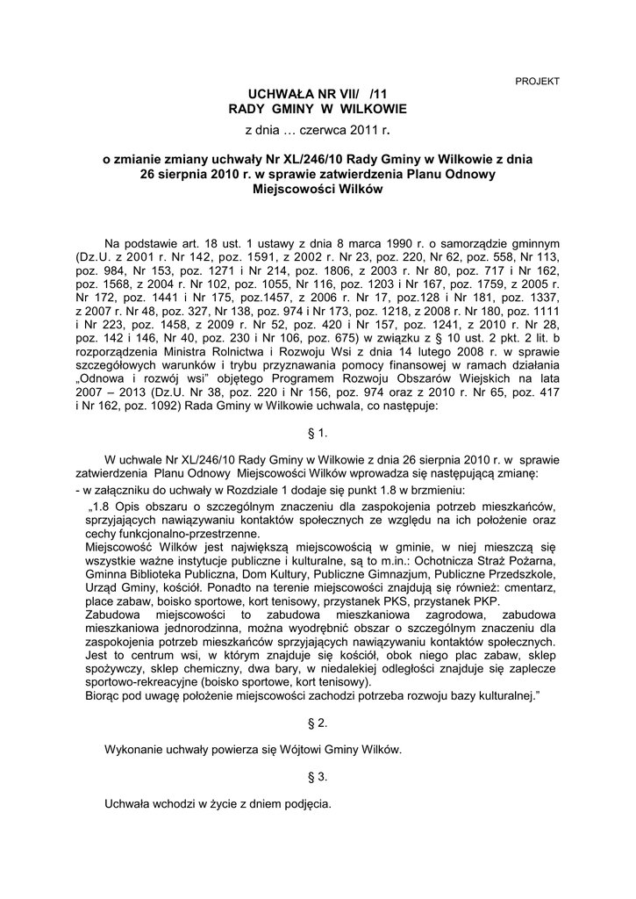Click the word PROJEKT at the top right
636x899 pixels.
pos(537,81)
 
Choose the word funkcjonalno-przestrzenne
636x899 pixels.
pos(189,533)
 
